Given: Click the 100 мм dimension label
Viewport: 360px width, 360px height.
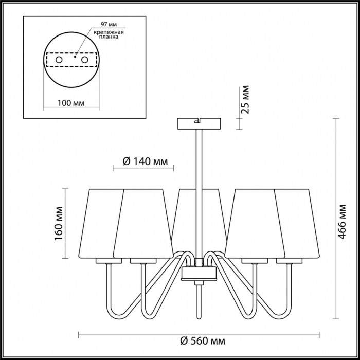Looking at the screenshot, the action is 71,103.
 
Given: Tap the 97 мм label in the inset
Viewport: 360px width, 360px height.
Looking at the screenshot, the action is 109,24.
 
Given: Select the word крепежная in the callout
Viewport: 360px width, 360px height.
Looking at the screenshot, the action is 109,32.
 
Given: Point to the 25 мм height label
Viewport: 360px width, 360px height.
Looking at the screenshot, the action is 245,99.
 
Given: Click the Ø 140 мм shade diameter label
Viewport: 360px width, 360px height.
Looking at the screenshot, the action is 145,161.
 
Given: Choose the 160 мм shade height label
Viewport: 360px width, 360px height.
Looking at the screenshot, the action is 59,223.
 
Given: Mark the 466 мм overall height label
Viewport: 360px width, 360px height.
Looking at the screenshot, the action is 341,222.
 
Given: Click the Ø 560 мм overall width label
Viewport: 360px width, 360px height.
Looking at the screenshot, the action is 203,341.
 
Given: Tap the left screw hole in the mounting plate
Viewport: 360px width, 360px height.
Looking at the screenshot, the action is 59,60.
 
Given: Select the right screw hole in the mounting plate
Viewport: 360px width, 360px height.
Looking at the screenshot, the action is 85,60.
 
